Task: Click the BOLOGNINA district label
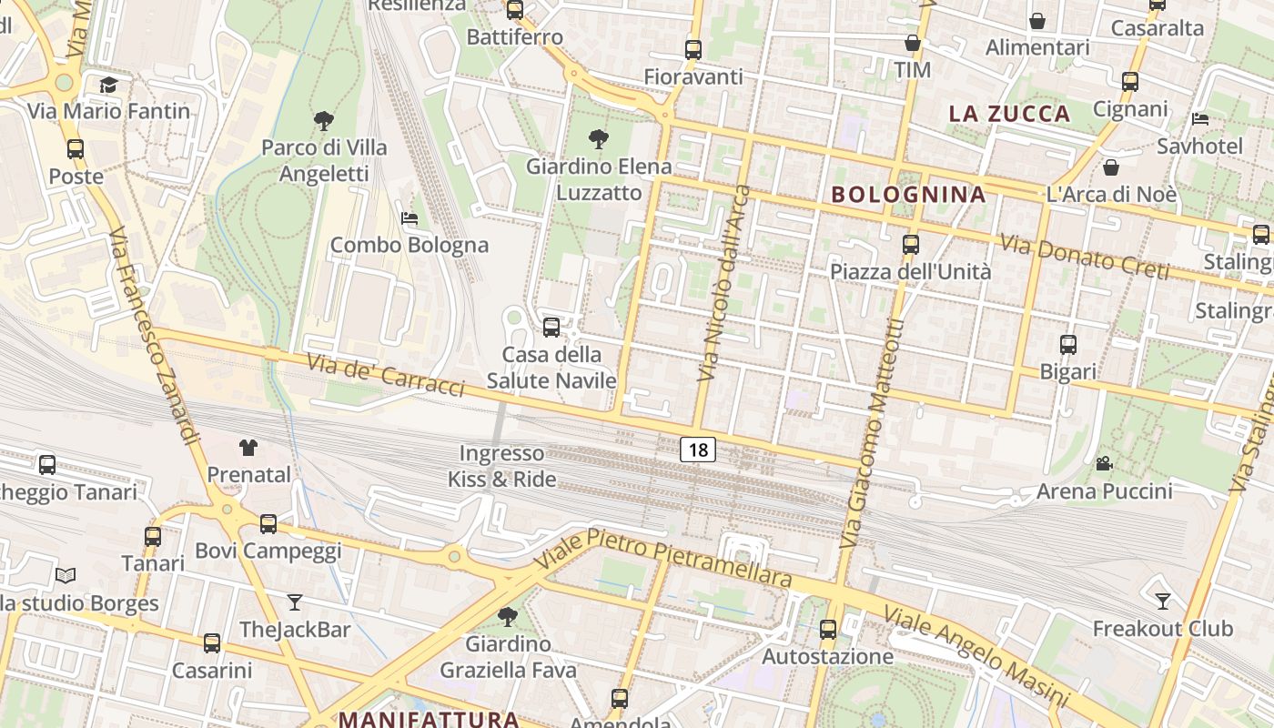[x=908, y=194]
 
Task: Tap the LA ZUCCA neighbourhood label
[x=1009, y=114]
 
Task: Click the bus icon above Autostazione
[x=828, y=629]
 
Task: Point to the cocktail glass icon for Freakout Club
[x=1162, y=601]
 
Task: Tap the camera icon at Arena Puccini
[x=1104, y=464]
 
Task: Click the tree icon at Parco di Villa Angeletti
[x=323, y=120]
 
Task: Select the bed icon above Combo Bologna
[x=409, y=218]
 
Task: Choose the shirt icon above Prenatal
[x=248, y=447]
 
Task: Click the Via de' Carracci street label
[x=386, y=375]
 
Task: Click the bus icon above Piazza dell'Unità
[x=910, y=244]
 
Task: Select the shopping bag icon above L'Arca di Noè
[x=1111, y=167]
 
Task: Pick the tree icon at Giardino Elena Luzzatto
[x=599, y=139]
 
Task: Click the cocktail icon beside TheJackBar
[x=295, y=602]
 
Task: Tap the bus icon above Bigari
[x=1068, y=345]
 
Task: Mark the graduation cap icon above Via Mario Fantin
[x=109, y=85]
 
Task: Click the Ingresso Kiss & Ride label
[x=501, y=466]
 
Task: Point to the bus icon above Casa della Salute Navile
[x=551, y=328]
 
